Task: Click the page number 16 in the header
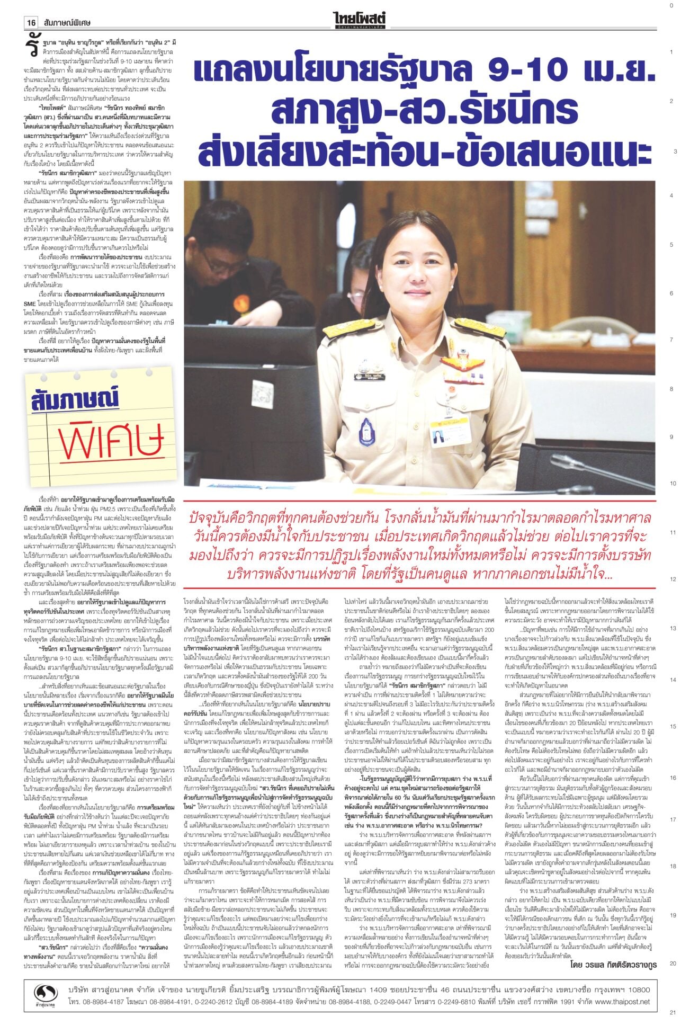pos(32,23)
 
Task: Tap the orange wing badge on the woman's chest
pos(460,364)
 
